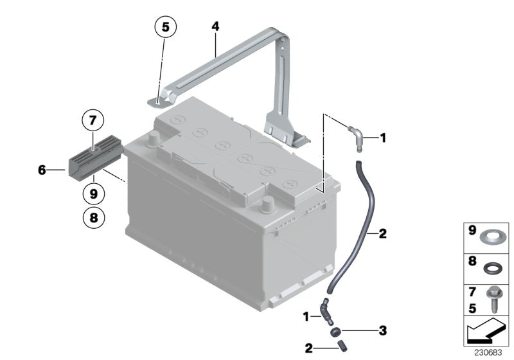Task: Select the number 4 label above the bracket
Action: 215,27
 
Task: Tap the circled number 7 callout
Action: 93,120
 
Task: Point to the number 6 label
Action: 42,170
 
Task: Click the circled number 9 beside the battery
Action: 93,192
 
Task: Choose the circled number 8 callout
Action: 93,218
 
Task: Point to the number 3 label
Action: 382,331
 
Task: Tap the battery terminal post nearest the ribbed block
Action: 154,139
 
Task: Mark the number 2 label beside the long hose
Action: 383,234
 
